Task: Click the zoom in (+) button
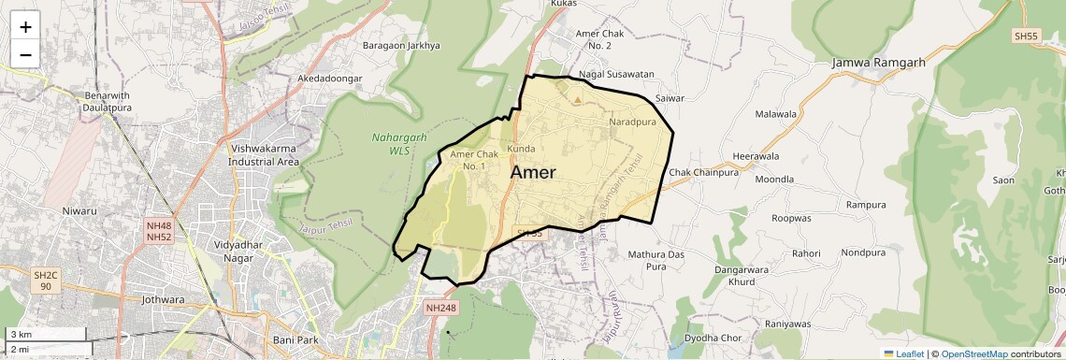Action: [x=25, y=27]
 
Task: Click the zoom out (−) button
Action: [x=25, y=54]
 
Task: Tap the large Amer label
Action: [x=533, y=172]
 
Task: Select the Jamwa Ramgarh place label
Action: [x=879, y=63]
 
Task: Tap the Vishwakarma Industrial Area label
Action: [x=264, y=154]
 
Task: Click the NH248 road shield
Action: [x=440, y=307]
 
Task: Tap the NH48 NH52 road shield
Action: [x=159, y=232]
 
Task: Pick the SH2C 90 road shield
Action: [x=46, y=281]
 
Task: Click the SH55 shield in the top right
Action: [x=1025, y=36]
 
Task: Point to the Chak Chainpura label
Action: [x=704, y=172]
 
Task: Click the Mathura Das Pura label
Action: [x=656, y=260]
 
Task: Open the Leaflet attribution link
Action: [x=903, y=353]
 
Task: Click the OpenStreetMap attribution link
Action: [x=973, y=353]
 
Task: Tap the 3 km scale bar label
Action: [x=21, y=334]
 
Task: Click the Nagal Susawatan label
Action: [x=616, y=73]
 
